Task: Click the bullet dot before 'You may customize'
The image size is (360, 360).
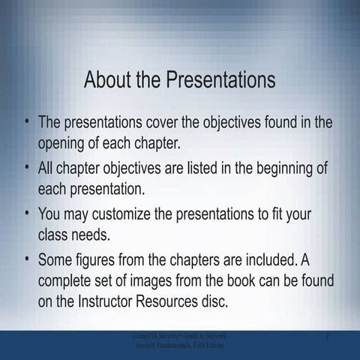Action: point(28,212)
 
